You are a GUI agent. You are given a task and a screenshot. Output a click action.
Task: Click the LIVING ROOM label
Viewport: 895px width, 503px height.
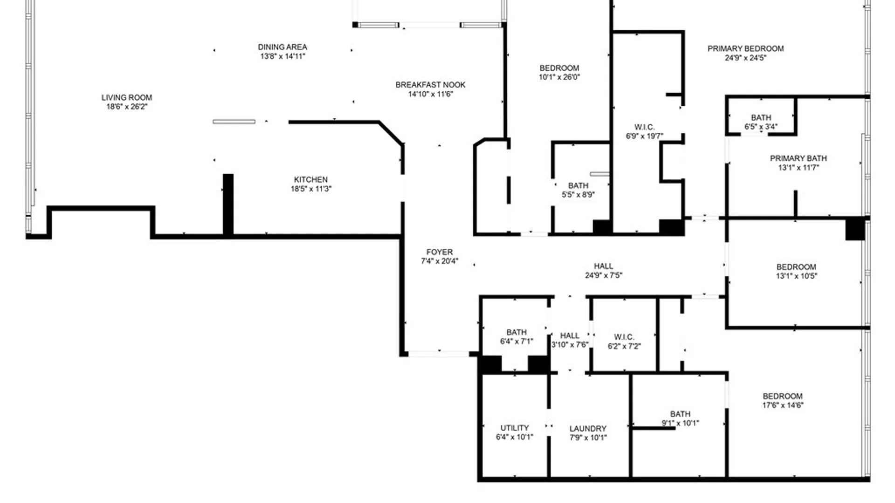[x=127, y=97]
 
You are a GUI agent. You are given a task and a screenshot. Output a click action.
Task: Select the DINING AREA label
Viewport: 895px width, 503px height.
[x=282, y=47]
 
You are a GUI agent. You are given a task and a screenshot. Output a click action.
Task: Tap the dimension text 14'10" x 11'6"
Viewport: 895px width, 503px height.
[x=430, y=94]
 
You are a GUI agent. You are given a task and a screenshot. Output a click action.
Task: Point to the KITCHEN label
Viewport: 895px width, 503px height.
[x=310, y=179]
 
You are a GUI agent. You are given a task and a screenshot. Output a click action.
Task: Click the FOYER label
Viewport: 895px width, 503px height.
[x=439, y=252]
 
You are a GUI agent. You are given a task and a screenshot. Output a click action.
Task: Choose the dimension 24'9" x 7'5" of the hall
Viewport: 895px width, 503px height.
[x=603, y=275]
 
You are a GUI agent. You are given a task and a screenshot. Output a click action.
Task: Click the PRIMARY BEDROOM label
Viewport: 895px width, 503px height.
[x=745, y=48]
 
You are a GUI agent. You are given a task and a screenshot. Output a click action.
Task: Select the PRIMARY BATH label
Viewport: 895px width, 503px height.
[x=798, y=158]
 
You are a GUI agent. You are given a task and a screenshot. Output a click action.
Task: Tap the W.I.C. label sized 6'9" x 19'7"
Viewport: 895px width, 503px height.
[x=644, y=127]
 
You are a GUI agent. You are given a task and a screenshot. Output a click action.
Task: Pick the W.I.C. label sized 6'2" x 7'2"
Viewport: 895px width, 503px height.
[x=624, y=337]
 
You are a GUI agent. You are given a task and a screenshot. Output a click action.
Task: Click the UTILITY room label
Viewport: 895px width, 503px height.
[x=515, y=428]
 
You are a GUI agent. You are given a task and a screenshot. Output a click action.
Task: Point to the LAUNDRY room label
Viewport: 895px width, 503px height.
[x=588, y=428]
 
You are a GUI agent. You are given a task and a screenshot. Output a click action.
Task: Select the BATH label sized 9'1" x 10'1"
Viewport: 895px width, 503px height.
[x=680, y=414]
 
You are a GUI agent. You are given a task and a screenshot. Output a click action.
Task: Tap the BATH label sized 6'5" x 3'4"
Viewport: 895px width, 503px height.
[x=761, y=118]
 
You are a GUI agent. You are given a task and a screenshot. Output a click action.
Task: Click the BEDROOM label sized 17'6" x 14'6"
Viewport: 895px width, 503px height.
[x=783, y=396]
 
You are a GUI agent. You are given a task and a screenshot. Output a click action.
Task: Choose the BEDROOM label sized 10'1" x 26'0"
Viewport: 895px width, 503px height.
[x=559, y=68]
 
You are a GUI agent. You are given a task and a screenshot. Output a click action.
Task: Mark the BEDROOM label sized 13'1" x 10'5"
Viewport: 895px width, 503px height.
[x=796, y=267]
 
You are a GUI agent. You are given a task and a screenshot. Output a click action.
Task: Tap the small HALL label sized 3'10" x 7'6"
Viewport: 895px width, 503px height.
[x=570, y=336]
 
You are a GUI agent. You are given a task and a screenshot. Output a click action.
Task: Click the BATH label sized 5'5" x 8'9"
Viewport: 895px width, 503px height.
[x=578, y=186]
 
